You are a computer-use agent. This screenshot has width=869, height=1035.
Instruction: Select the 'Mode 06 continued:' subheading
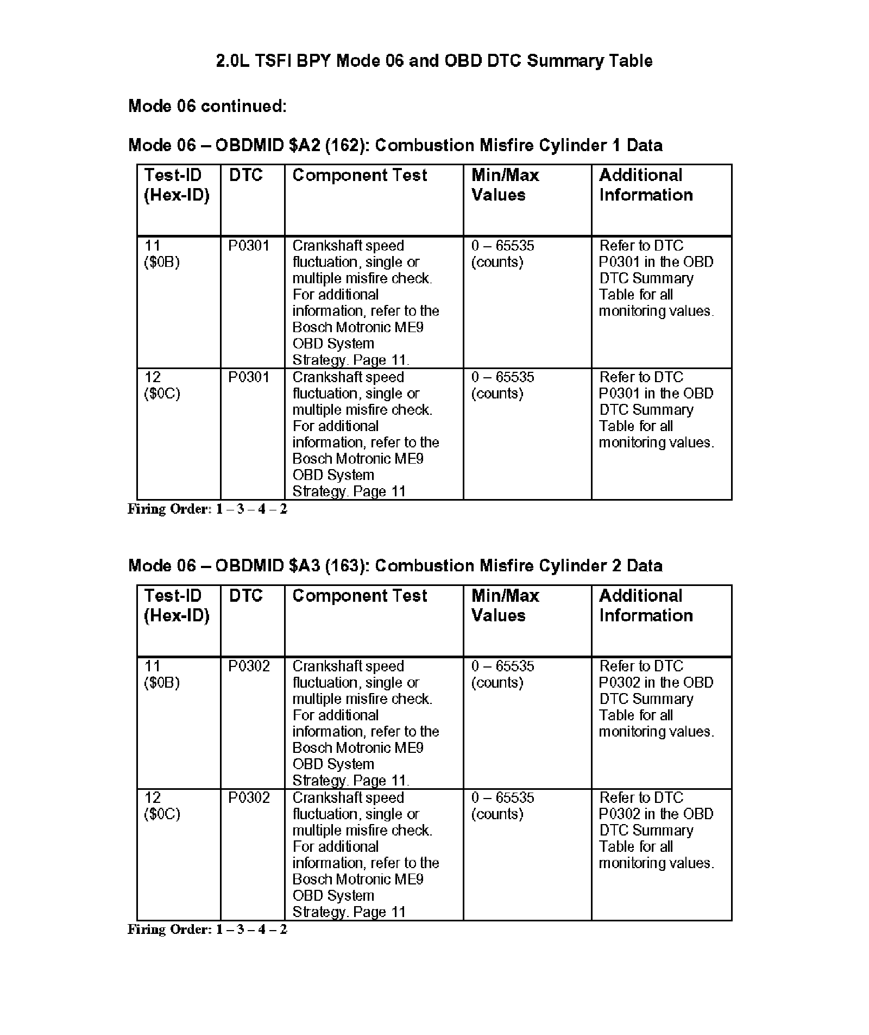coord(207,105)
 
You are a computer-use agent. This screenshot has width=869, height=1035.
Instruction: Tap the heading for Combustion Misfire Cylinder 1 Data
coord(395,145)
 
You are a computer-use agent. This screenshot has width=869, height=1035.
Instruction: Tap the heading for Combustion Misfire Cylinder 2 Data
coord(395,565)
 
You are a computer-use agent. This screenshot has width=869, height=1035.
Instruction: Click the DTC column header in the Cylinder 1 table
coord(245,176)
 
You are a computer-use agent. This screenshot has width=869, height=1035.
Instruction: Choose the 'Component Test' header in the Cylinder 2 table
coord(360,596)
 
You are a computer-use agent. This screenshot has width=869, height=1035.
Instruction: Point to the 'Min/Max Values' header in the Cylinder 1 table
coord(505,185)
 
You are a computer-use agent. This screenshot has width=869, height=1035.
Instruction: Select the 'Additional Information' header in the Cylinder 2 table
coord(645,606)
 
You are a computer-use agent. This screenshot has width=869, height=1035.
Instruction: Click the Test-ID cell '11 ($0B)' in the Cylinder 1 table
coord(162,254)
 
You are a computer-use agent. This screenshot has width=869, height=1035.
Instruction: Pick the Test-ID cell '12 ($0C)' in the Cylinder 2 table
coord(162,806)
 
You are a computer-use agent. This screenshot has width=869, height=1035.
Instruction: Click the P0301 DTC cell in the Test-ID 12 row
coord(249,377)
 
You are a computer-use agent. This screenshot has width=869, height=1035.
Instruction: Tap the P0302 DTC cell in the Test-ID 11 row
coord(249,666)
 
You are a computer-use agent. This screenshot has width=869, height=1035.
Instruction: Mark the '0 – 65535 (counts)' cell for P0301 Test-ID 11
coord(502,254)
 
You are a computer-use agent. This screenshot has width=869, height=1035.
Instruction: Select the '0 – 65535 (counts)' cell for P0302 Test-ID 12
coord(502,806)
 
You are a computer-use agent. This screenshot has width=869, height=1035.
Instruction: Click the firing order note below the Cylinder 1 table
coord(207,509)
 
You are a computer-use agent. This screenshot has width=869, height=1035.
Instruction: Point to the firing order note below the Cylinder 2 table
coord(207,929)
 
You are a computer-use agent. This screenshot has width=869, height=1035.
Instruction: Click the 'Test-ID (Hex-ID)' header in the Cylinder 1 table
coord(176,185)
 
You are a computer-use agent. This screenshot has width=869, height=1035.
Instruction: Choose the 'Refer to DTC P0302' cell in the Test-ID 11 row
coord(656,699)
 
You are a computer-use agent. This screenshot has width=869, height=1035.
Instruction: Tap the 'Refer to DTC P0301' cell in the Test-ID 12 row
coord(656,409)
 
